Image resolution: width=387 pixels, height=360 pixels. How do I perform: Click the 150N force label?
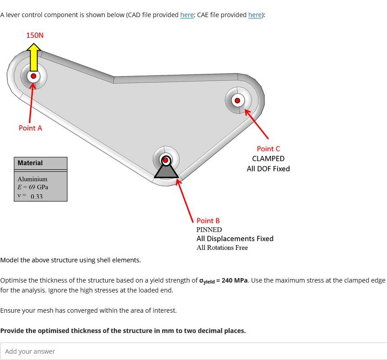coord(35,35)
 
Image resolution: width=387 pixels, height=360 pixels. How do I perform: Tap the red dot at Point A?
coord(33,76)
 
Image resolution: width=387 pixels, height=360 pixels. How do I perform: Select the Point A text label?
coord(30,128)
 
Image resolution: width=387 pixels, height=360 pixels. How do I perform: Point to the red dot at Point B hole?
coord(166,160)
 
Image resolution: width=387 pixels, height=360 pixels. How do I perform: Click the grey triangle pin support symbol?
coord(166,171)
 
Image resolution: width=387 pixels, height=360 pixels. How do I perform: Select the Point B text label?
coord(208,220)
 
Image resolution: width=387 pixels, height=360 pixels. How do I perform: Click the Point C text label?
coord(268,148)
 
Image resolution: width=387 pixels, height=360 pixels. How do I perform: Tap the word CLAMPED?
coord(268,158)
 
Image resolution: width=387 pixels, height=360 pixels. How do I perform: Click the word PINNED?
coord(209,229)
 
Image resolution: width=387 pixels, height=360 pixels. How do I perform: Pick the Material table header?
coord(30,163)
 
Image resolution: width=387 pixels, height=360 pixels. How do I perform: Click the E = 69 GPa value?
coord(32,187)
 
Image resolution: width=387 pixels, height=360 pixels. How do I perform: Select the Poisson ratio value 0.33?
coord(36,196)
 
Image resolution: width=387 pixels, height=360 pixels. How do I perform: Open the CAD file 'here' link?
coord(187,15)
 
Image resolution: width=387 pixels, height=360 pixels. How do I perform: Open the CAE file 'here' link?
coord(255,15)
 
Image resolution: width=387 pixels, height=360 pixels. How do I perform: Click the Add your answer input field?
coord(193,351)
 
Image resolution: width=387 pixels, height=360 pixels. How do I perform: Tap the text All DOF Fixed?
coord(268,169)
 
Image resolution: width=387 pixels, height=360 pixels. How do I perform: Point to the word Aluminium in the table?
coord(32,179)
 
